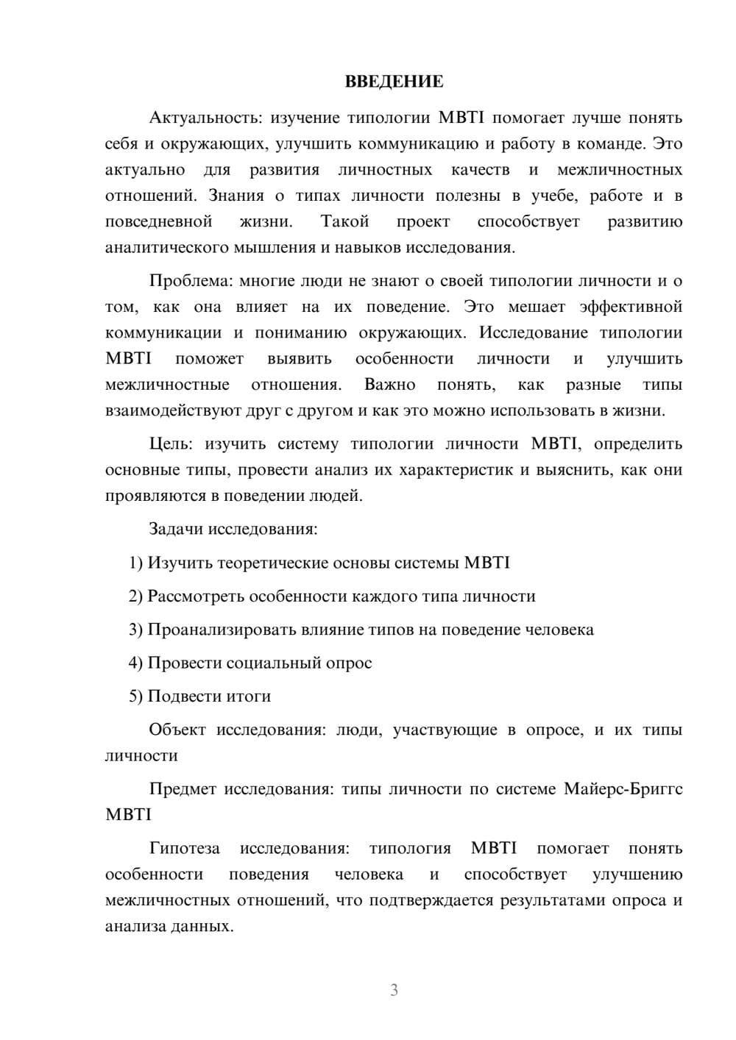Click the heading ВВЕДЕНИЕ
[394, 82]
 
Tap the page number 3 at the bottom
[394, 990]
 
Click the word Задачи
[177, 529]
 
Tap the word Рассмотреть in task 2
[196, 596]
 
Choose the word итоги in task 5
[250, 696]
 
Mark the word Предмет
[182, 789]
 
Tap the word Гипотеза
[184, 848]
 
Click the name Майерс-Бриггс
[623, 789]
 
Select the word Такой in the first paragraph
[344, 221]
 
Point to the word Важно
[389, 385]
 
